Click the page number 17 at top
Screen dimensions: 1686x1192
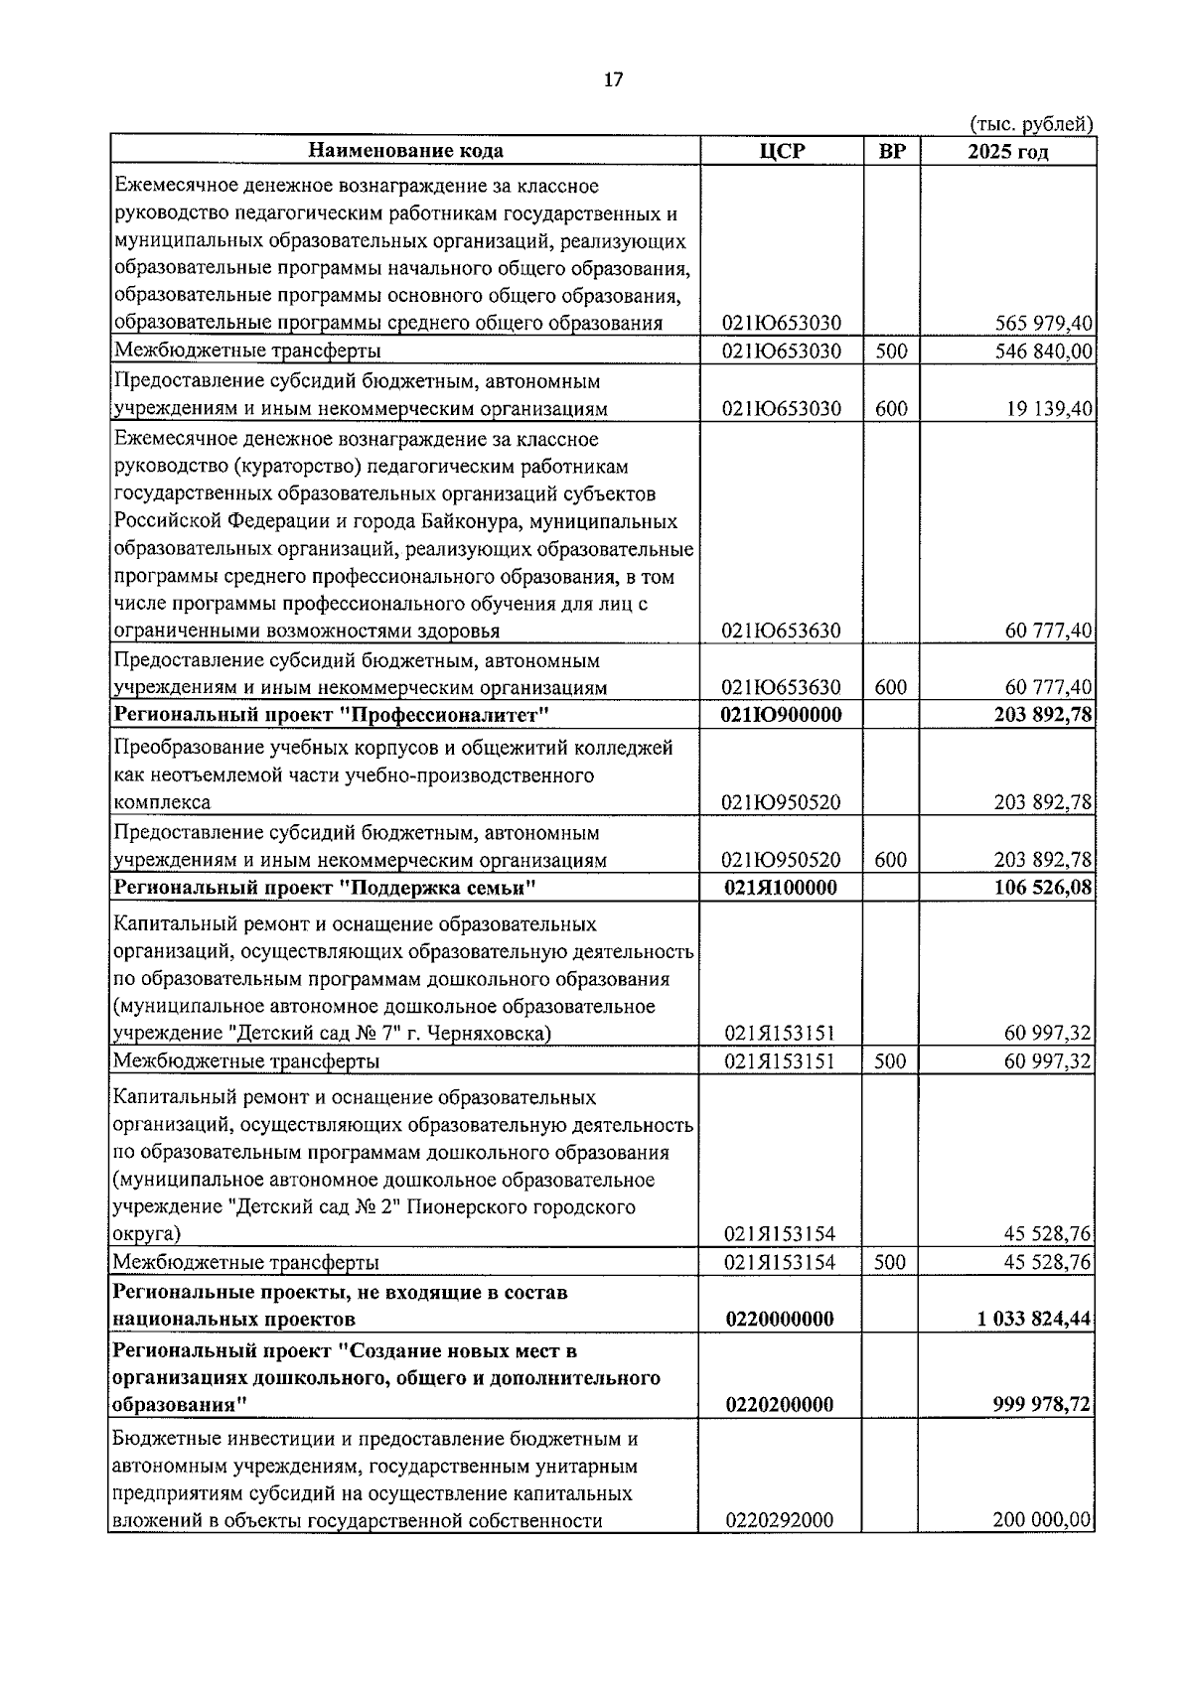coord(613,80)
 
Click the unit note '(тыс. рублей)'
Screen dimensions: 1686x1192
coord(1031,124)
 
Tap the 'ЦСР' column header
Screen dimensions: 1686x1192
coord(781,151)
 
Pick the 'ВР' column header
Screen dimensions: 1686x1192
coord(892,151)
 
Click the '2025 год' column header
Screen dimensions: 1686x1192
coord(1007,151)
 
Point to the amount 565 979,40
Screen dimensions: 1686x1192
coord(1043,323)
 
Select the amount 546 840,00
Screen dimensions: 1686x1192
coord(1043,351)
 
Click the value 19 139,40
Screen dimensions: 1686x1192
coord(1049,408)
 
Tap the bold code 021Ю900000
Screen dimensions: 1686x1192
coord(781,716)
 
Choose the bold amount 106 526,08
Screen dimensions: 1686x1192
coord(1043,888)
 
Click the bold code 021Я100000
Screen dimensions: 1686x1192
coord(781,888)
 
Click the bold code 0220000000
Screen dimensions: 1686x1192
coord(780,1319)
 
